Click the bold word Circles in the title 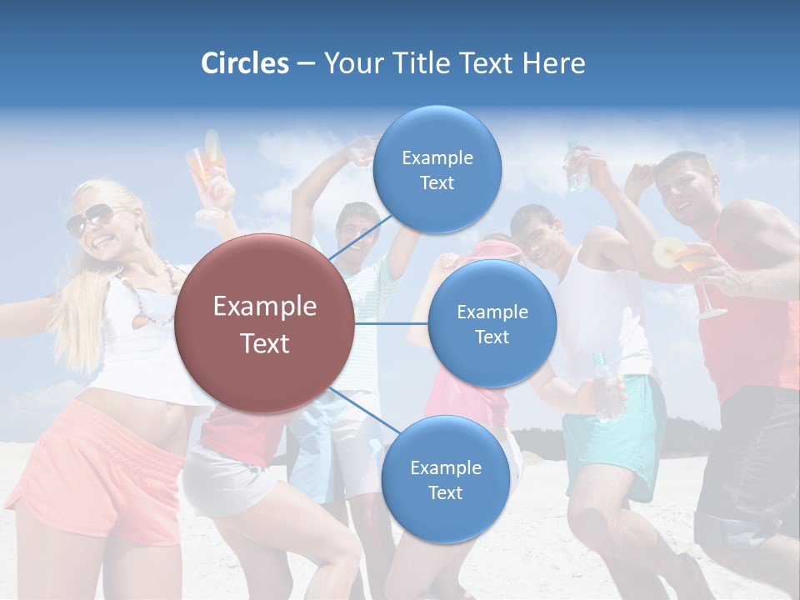coord(245,63)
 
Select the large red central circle coord(265,324)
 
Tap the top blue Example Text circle coord(437,170)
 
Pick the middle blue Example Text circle coord(492,323)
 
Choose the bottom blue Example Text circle coord(445,479)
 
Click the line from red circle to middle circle coord(392,323)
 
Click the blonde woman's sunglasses coord(90,219)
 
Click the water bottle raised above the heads coord(576,166)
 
